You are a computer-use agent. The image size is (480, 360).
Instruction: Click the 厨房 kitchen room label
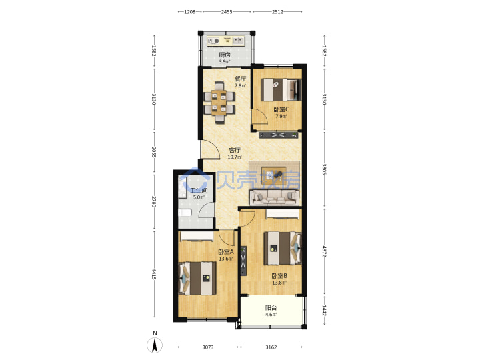pyautogui.click(x=225, y=55)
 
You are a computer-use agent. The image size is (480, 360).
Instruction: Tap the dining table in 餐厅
pyautogui.click(x=219, y=103)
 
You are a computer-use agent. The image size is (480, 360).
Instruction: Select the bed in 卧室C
pyautogui.click(x=281, y=90)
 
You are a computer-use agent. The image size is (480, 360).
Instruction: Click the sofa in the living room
pyautogui.click(x=274, y=197)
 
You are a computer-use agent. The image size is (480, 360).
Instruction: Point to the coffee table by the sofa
pyautogui.click(x=274, y=175)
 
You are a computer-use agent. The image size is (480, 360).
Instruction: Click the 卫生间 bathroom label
pyautogui.click(x=199, y=191)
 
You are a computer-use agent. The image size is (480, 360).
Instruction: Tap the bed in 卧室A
pyautogui.click(x=197, y=278)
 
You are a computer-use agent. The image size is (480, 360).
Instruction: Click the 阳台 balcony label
pyautogui.click(x=271, y=307)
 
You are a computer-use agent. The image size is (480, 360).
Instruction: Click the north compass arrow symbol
pyautogui.click(x=155, y=345)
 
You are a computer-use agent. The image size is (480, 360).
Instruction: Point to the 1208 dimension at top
pyautogui.click(x=190, y=12)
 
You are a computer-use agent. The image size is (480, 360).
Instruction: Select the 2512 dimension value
pyautogui.click(x=277, y=12)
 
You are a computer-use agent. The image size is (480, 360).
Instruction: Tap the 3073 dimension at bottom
pyautogui.click(x=208, y=347)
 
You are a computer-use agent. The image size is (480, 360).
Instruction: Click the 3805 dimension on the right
pyautogui.click(x=324, y=169)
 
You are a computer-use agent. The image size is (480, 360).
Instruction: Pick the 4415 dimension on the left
pyautogui.click(x=154, y=274)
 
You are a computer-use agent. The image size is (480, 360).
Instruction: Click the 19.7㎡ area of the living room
pyautogui.click(x=235, y=157)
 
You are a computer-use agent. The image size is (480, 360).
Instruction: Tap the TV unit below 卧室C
pyautogui.click(x=278, y=135)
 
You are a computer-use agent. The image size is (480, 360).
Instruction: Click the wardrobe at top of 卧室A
pyautogui.click(x=197, y=236)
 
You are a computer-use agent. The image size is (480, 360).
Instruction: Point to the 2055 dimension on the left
pyautogui.click(x=154, y=152)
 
